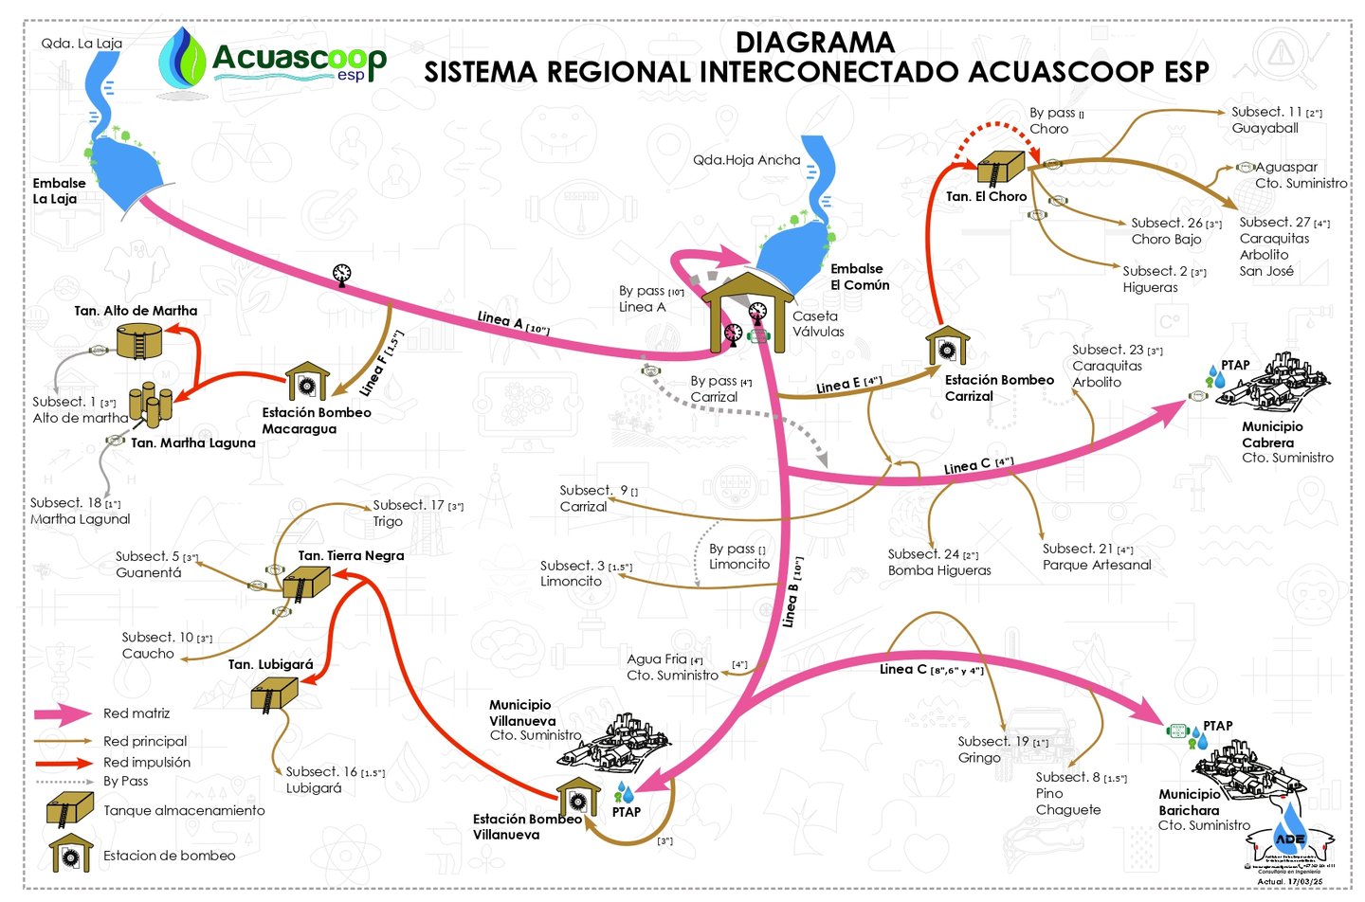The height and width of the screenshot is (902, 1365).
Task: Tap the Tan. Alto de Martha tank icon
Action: coord(139,340)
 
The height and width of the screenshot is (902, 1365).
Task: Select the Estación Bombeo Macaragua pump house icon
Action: coord(307,382)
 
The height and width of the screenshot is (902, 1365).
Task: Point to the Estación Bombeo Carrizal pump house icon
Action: coord(947,347)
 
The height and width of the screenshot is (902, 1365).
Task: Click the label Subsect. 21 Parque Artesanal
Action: coord(1097,557)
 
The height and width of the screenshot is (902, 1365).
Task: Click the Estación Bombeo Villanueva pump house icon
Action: coord(578,797)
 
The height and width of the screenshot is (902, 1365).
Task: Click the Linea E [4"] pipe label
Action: coord(849,384)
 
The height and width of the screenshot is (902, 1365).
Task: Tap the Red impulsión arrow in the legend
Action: coord(64,763)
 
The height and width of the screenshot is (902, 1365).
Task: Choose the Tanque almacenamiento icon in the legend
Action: coord(69,809)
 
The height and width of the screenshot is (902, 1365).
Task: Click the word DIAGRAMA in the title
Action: coord(814,43)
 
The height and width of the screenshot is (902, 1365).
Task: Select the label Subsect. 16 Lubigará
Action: coord(334,780)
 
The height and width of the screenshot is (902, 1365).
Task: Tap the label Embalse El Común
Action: coord(860,277)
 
